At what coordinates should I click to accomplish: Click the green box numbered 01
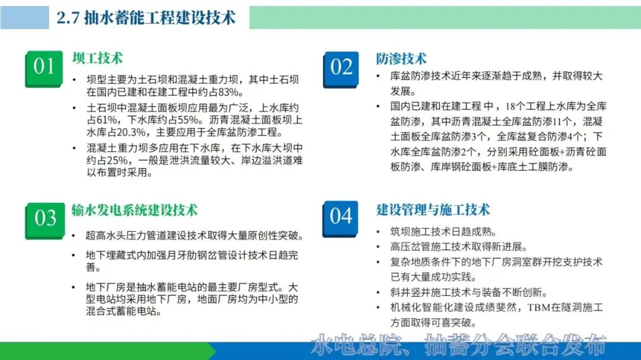[x=44, y=69]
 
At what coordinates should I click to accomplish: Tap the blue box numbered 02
[x=341, y=69]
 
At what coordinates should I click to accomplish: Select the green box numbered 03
[x=45, y=221]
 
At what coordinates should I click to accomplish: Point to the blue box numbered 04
[x=340, y=219]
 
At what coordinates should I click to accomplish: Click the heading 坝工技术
[x=98, y=58]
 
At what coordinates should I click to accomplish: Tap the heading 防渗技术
[x=401, y=59]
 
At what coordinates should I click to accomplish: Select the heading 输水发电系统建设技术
[x=135, y=210]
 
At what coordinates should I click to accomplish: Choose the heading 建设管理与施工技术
[x=433, y=209]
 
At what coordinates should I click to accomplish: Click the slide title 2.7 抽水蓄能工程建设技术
[x=146, y=18]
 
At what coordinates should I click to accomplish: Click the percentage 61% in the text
[x=106, y=120]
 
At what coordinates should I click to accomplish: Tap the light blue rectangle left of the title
[x=24, y=18]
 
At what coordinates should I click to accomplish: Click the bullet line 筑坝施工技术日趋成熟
[x=443, y=232]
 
